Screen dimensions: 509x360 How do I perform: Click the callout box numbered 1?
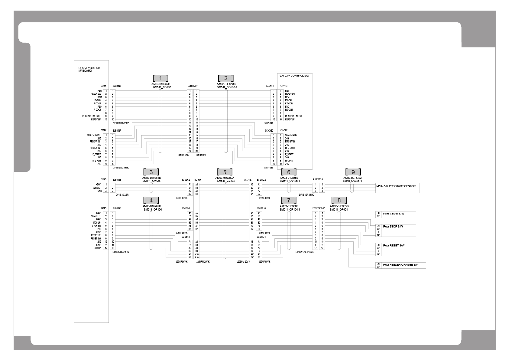tap(160, 78)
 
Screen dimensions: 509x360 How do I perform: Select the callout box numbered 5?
tap(225, 172)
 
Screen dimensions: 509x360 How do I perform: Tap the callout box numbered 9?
tap(353, 172)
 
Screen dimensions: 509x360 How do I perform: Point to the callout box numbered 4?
tap(151, 200)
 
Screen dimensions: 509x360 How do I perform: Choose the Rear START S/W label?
tap(394, 214)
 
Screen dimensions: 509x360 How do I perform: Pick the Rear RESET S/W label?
tap(394, 245)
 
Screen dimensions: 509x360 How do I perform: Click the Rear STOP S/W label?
tap(393, 227)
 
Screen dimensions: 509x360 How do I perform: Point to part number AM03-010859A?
tap(225, 178)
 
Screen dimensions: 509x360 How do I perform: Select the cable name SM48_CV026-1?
tap(352, 181)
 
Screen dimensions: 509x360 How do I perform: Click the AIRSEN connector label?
tap(317, 179)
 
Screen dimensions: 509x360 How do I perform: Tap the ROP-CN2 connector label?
tap(318, 208)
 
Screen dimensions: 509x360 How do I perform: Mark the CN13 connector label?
tap(284, 86)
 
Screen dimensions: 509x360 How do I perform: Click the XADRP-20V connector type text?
tap(183, 155)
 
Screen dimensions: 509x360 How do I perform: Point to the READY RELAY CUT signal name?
tap(91, 116)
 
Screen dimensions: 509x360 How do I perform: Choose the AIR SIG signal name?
tap(97, 188)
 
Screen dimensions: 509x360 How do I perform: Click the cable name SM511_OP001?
tap(339, 209)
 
